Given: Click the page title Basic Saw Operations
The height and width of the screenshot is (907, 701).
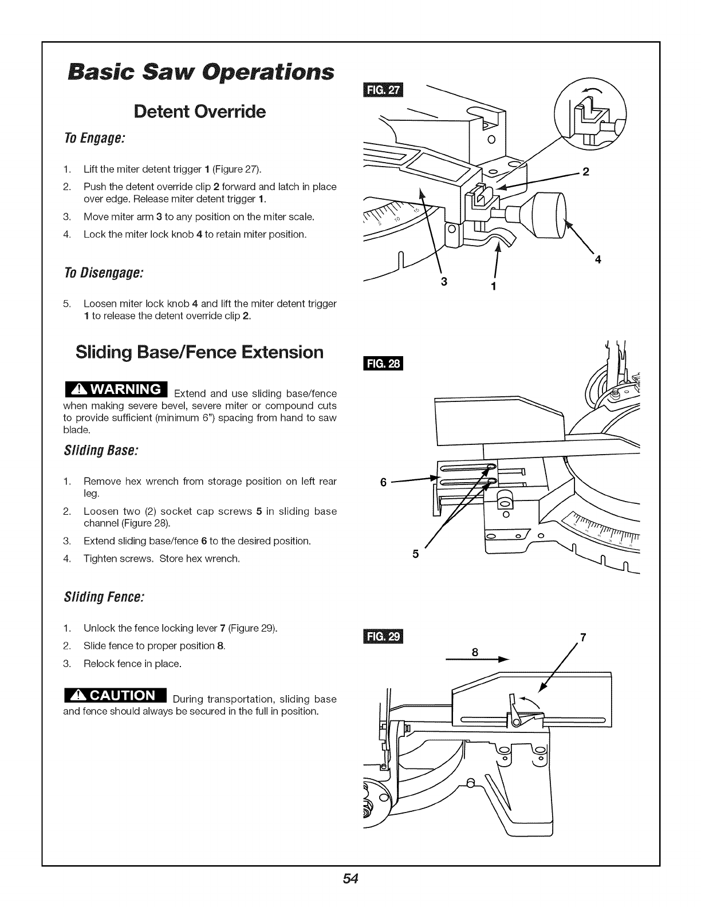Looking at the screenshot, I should pyautogui.click(x=199, y=73).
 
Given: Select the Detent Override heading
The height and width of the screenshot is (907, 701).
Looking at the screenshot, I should pyautogui.click(x=200, y=111).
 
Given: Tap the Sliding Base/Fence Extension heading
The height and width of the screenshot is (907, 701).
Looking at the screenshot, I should pyautogui.click(x=199, y=352).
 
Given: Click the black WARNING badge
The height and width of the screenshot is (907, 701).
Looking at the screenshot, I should pyautogui.click(x=115, y=389).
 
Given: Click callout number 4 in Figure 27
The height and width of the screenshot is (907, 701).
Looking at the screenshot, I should pyautogui.click(x=598, y=260).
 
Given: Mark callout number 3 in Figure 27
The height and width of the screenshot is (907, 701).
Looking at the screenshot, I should pyautogui.click(x=444, y=282).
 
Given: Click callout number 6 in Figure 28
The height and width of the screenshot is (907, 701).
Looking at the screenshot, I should pyautogui.click(x=383, y=482).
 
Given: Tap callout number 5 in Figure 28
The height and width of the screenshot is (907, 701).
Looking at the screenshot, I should pyautogui.click(x=416, y=554).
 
